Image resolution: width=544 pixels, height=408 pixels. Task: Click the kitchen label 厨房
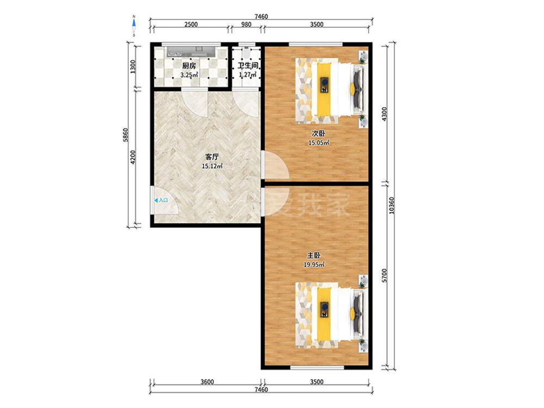[x=189, y=66]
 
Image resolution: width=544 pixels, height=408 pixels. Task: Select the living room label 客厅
[x=212, y=157]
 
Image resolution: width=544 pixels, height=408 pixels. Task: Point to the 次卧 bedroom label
[x=318, y=133]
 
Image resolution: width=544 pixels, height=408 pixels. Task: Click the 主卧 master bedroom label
[x=314, y=256]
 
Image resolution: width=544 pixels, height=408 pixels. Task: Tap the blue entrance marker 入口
[x=162, y=200]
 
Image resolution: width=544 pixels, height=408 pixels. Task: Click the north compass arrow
[x=134, y=23]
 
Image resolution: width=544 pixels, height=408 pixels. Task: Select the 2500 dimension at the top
[x=191, y=24]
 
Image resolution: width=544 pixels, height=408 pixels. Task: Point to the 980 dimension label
[x=246, y=24]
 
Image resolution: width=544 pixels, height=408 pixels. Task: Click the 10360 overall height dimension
[x=392, y=206]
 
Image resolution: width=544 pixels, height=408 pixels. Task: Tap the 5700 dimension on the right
[x=384, y=275]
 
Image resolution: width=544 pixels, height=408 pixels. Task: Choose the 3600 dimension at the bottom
[x=207, y=382]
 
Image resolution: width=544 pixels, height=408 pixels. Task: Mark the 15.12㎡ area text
[x=212, y=166]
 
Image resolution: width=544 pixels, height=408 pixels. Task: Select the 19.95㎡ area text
[x=314, y=265]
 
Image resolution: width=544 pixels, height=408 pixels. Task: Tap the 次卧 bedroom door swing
[x=277, y=166]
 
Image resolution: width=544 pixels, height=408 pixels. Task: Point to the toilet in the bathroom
[x=246, y=53]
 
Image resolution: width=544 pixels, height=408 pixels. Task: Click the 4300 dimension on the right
[x=384, y=114]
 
